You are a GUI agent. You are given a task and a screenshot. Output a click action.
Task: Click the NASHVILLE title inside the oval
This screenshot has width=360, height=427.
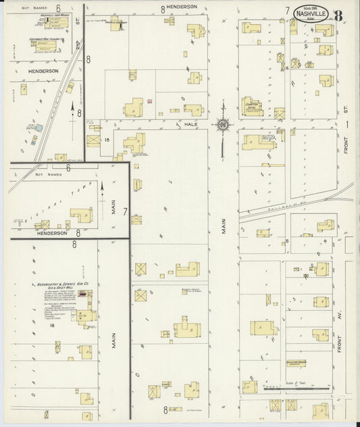(312, 13)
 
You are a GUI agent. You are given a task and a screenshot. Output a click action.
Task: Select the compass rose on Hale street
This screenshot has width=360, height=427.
(223, 124)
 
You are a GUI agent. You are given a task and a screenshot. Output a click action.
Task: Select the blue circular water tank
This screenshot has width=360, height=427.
(38, 128)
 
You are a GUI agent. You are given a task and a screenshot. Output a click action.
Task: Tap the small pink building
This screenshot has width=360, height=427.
(149, 101)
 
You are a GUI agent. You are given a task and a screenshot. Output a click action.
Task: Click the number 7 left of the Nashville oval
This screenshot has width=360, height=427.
(287, 11)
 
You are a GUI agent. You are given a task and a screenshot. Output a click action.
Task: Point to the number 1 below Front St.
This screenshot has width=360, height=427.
(345, 124)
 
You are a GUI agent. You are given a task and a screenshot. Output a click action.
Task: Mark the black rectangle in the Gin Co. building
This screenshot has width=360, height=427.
(82, 294)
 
